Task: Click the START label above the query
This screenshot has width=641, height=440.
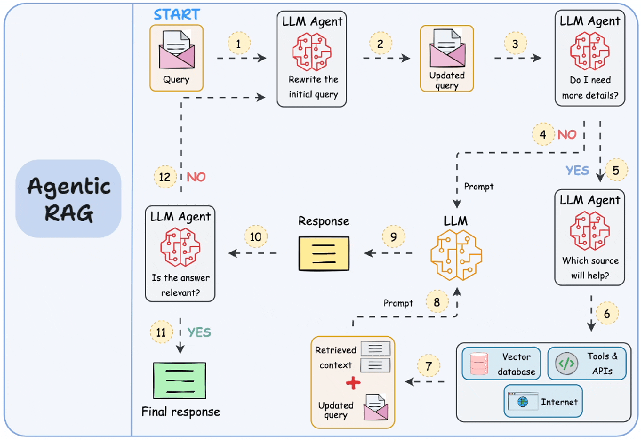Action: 177,14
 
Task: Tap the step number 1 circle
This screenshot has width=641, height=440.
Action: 239,43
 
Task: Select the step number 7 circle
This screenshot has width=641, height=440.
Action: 429,365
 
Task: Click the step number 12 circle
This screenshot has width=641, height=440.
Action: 165,176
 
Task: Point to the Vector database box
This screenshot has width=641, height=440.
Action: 502,364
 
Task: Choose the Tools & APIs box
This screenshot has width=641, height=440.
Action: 586,363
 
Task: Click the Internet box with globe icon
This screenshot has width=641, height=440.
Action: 543,401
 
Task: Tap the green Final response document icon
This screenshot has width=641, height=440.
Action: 179,380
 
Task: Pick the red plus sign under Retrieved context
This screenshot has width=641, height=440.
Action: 353,382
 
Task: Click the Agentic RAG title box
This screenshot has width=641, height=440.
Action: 69,198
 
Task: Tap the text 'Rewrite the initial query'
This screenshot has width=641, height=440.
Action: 313,87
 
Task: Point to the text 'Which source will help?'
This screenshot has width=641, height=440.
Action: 590,268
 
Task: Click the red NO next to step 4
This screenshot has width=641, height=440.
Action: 566,135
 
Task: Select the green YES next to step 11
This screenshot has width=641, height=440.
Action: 199,333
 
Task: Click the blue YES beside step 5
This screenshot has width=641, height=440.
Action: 577,170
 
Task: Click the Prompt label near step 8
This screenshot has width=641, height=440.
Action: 398,303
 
